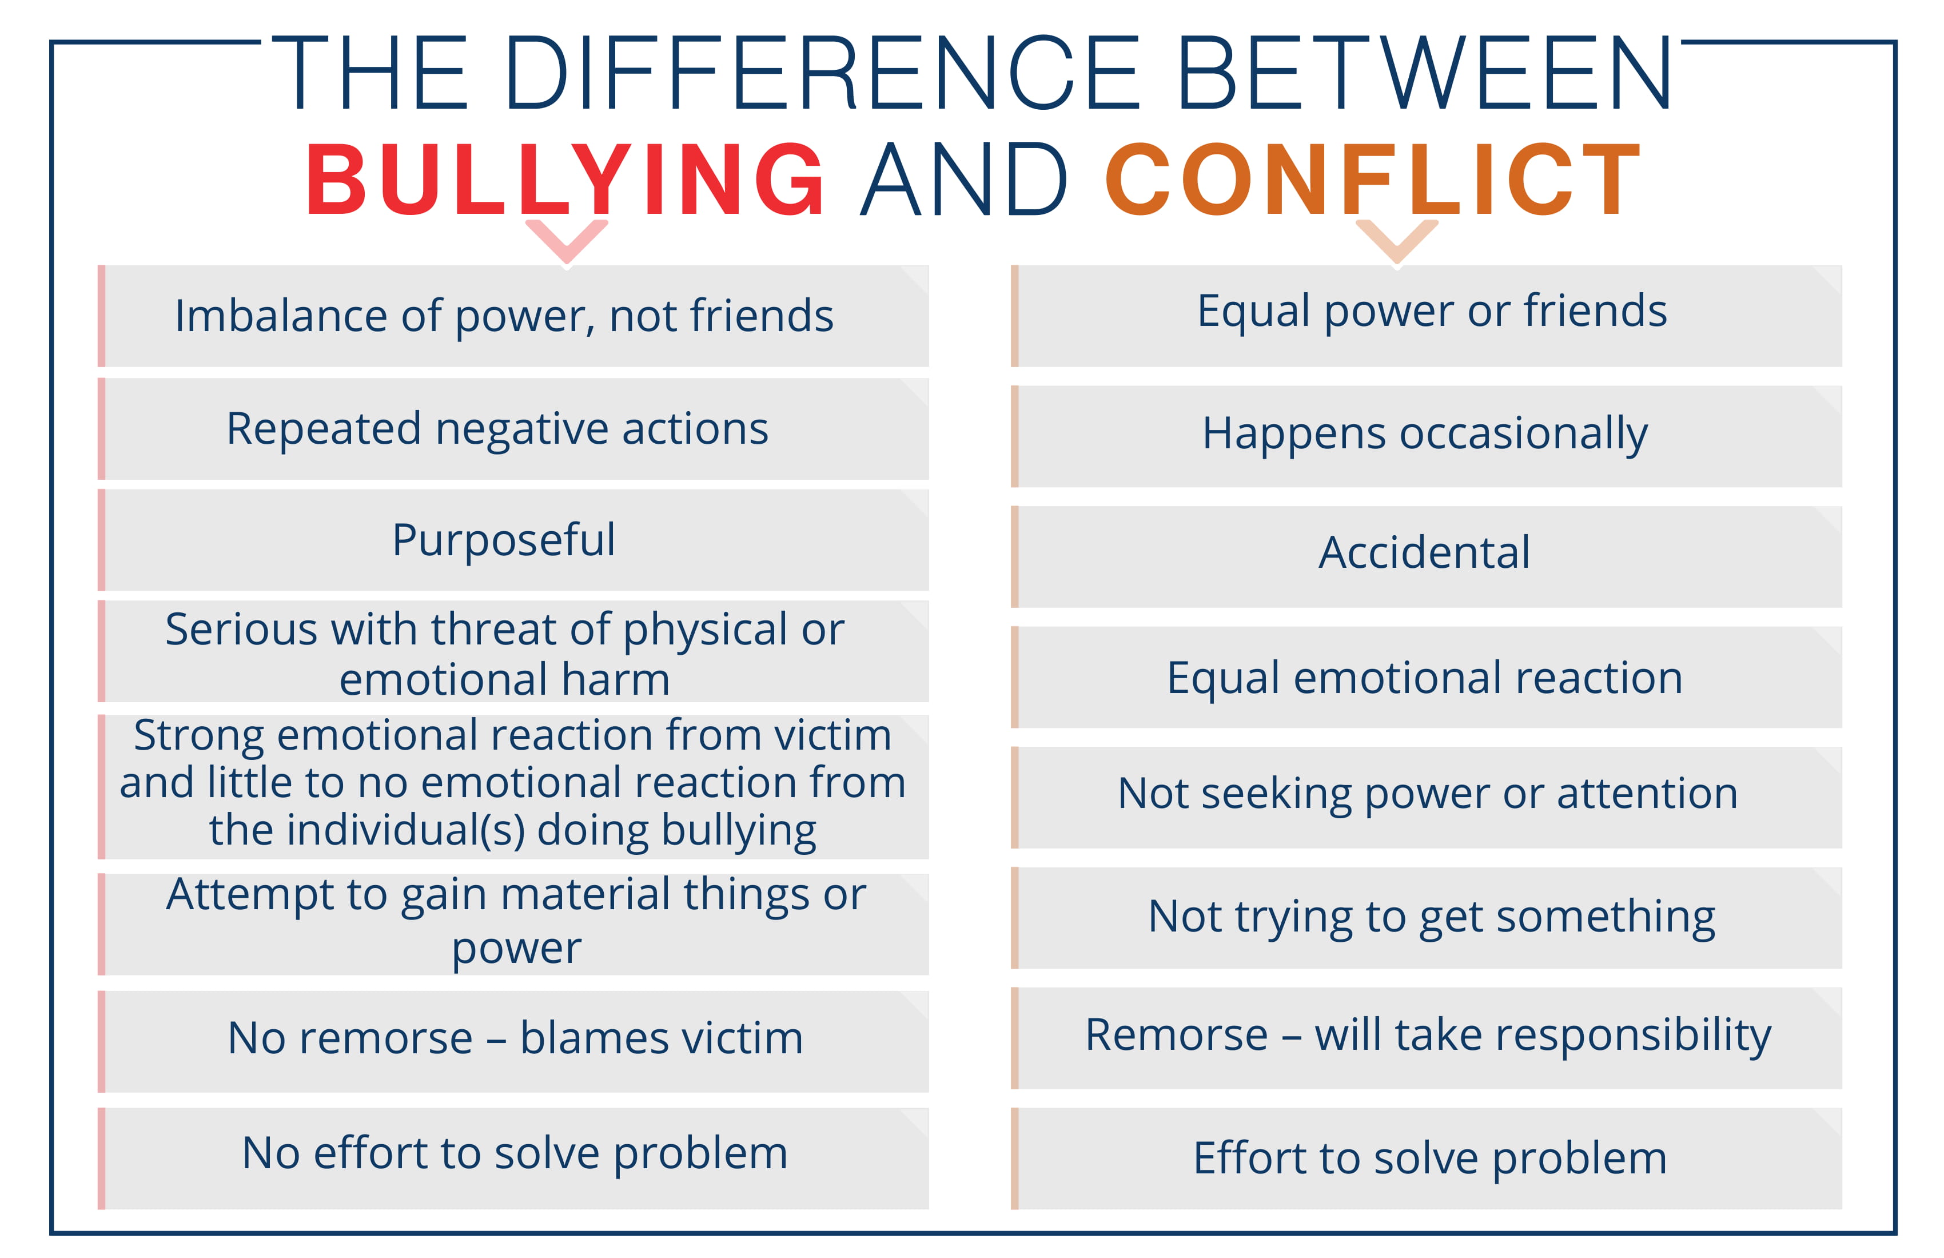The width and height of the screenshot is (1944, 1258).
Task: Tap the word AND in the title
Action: pos(964,180)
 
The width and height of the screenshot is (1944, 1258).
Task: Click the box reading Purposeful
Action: pos(513,540)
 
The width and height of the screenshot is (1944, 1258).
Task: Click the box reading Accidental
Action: pos(1426,556)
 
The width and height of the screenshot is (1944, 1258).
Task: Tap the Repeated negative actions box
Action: pos(513,429)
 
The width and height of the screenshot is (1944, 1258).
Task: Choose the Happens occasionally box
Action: pos(1426,436)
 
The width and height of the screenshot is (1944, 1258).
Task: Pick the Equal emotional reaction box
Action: pos(1426,677)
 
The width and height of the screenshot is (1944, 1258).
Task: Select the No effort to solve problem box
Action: pos(513,1159)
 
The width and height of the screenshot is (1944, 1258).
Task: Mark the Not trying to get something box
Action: pos(1426,918)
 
